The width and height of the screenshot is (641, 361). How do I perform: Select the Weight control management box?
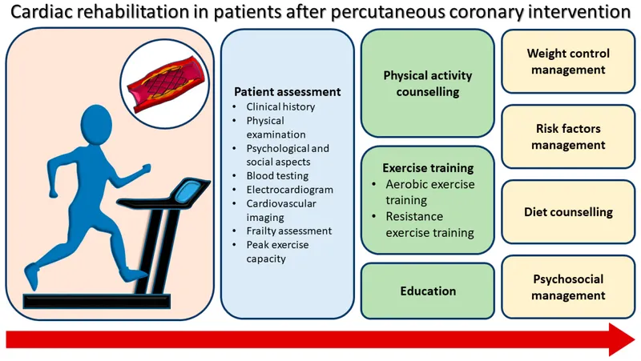[x=567, y=62]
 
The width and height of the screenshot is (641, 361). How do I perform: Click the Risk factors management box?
[x=567, y=137]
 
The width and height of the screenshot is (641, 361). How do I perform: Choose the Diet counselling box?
[x=567, y=212]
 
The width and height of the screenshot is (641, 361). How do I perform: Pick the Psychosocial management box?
[x=567, y=287]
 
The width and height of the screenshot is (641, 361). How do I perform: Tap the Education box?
[x=427, y=291]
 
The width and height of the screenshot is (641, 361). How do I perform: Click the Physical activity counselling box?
[x=427, y=83]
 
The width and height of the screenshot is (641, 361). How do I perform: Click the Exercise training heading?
[x=427, y=168]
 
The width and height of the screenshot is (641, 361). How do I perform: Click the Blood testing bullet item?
[x=277, y=176]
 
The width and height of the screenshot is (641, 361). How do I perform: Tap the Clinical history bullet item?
[x=280, y=106]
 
